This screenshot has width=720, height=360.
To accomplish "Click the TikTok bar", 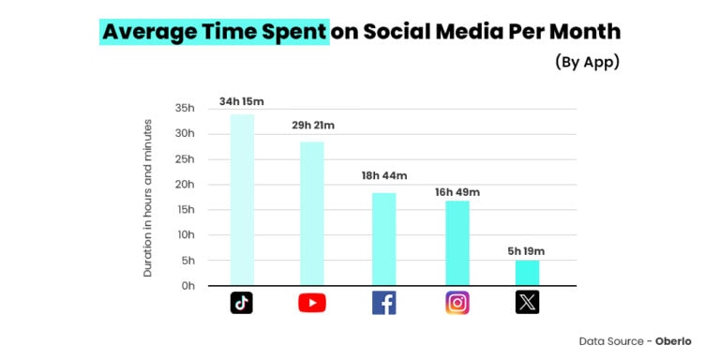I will pyautogui.click(x=242, y=200).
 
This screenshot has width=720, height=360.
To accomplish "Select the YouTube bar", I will pyautogui.click(x=312, y=214).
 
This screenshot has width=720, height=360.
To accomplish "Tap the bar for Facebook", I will pyautogui.click(x=384, y=239).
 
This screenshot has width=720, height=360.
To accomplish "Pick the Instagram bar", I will pyautogui.click(x=457, y=243).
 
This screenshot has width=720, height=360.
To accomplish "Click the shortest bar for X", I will pyautogui.click(x=527, y=273).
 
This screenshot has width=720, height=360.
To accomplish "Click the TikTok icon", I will pyautogui.click(x=242, y=303).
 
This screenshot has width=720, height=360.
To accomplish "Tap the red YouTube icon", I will pyautogui.click(x=312, y=303).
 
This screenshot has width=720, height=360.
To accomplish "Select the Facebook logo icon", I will pyautogui.click(x=384, y=303).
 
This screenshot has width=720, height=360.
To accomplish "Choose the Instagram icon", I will pyautogui.click(x=457, y=303).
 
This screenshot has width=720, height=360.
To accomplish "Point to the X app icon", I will pyautogui.click(x=527, y=303).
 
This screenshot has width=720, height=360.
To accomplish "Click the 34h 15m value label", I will pyautogui.click(x=242, y=101).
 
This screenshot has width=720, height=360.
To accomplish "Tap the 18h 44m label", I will pyautogui.click(x=385, y=176).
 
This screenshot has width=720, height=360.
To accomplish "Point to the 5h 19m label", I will pyautogui.click(x=526, y=250).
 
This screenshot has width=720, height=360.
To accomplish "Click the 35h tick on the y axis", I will pyautogui.click(x=185, y=109).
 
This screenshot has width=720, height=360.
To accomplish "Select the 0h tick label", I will pyautogui.click(x=187, y=286).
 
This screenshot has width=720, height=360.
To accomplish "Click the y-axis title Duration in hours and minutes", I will pyautogui.click(x=148, y=197).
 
